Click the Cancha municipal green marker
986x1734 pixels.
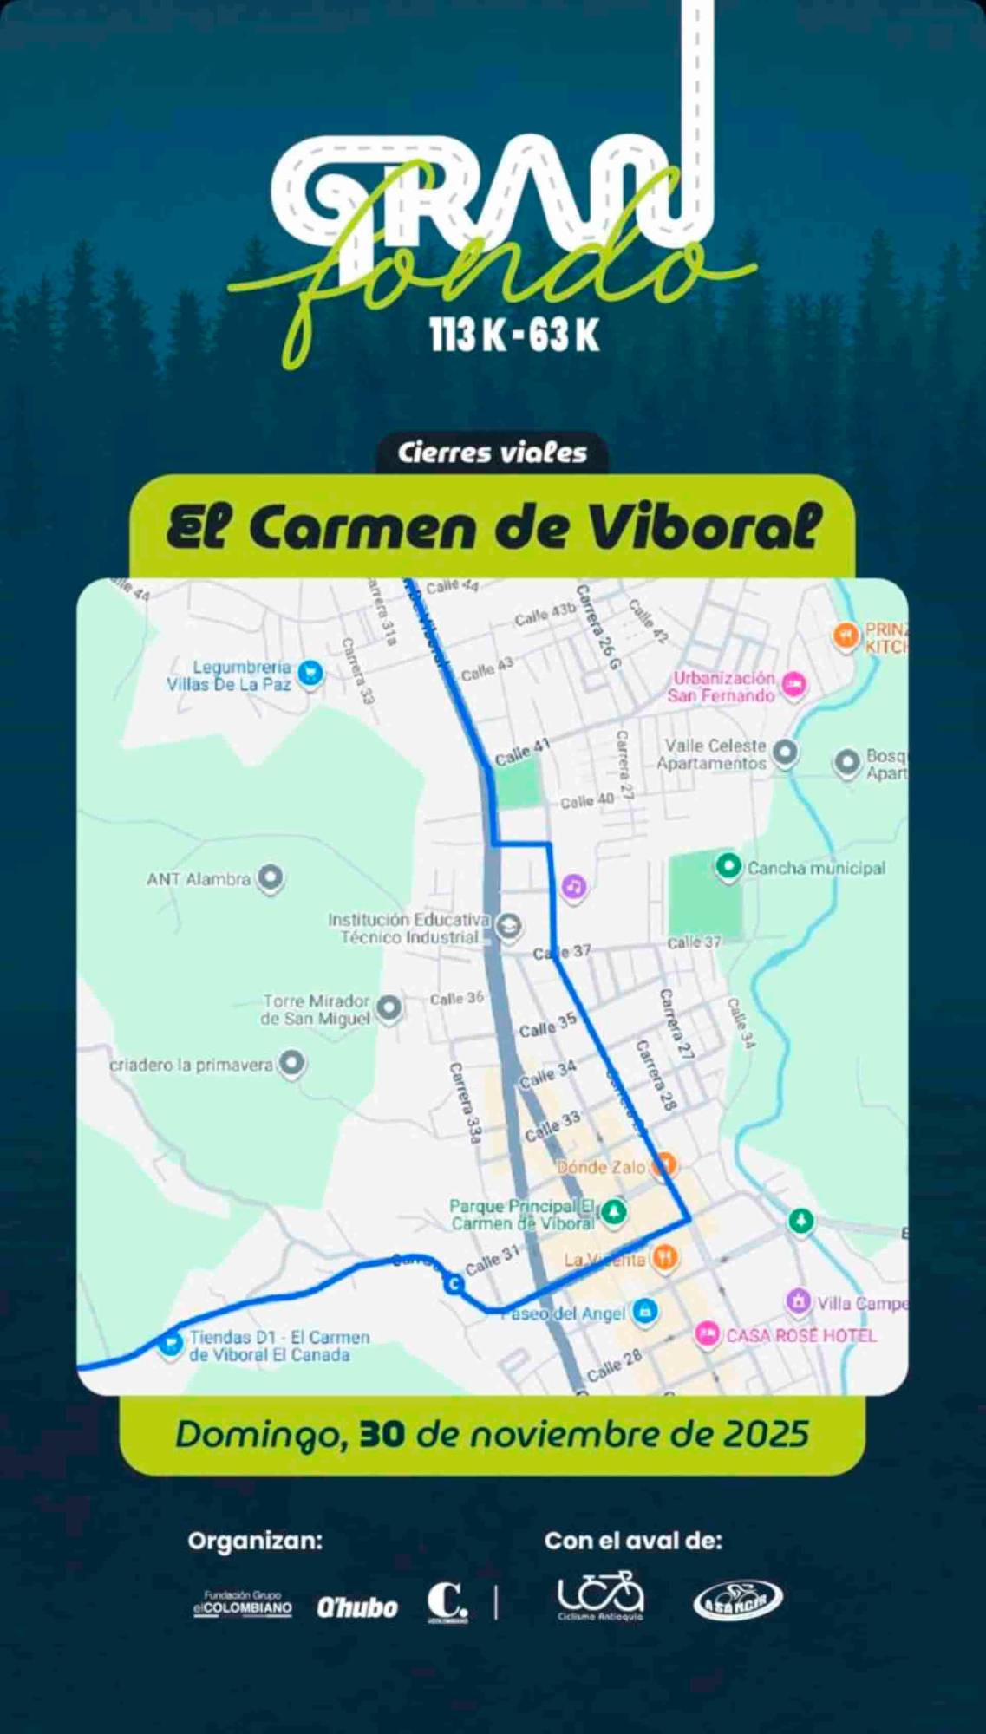[x=728, y=865]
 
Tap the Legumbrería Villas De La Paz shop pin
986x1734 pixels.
[x=310, y=672]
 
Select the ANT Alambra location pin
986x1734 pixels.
[x=271, y=877]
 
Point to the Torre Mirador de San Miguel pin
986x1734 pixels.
[x=389, y=1007]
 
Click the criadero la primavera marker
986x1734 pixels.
[x=292, y=1063]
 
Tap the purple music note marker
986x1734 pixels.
[x=573, y=886]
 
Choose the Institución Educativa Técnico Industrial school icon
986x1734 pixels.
[x=509, y=927]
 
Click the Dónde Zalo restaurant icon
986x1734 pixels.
[x=663, y=1164]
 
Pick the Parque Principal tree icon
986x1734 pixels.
[x=614, y=1211]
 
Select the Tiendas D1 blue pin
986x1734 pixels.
[x=170, y=1343]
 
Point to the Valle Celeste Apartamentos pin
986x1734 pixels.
[x=785, y=752]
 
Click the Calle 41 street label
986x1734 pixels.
[x=522, y=753]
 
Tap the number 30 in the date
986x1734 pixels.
[x=382, y=1435]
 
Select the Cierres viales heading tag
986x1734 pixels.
[x=492, y=453]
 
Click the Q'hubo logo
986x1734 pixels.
[x=356, y=1607]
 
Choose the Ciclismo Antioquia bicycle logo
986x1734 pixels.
[x=600, y=1596]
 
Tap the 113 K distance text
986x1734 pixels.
[x=467, y=335]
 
